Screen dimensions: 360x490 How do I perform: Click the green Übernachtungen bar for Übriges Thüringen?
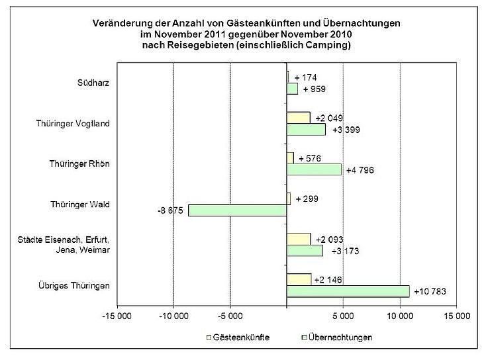click(x=348, y=291)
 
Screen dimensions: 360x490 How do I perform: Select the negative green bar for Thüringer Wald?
click(x=237, y=210)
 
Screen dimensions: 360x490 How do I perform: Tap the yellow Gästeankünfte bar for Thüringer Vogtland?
click(x=298, y=118)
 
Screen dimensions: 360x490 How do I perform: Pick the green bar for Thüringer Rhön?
click(x=314, y=169)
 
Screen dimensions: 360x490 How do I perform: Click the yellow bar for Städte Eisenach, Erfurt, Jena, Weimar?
click(x=299, y=239)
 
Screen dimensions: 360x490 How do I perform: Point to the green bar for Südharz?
click(x=292, y=89)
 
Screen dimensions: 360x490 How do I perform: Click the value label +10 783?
click(x=428, y=291)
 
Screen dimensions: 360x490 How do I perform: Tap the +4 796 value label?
click(x=360, y=170)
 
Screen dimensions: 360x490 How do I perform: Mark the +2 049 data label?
click(x=329, y=118)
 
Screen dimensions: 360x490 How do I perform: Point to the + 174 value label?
click(x=306, y=77)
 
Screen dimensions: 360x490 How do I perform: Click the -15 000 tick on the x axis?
click(x=117, y=315)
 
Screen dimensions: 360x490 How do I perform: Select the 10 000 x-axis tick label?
click(x=399, y=315)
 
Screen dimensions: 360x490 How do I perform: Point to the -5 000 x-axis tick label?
click(x=230, y=315)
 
